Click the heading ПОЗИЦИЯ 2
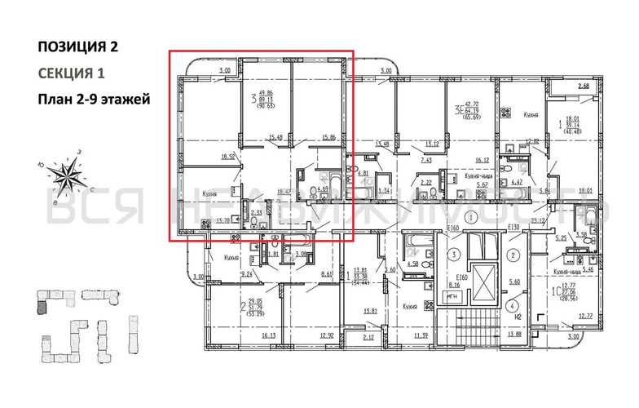(x=77, y=46)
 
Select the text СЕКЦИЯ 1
(x=72, y=73)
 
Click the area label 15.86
(x=329, y=137)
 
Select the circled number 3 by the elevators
(x=451, y=255)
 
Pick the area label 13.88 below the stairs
(x=513, y=335)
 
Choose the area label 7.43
(x=426, y=161)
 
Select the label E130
(x=513, y=227)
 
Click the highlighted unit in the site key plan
(x=42, y=308)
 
